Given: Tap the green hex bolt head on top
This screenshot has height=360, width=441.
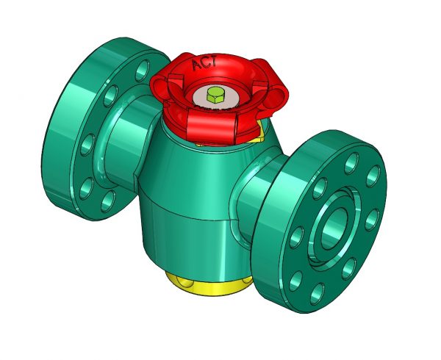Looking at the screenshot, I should (215, 93).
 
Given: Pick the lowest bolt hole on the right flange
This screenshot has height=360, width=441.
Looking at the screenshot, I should (318, 293).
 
